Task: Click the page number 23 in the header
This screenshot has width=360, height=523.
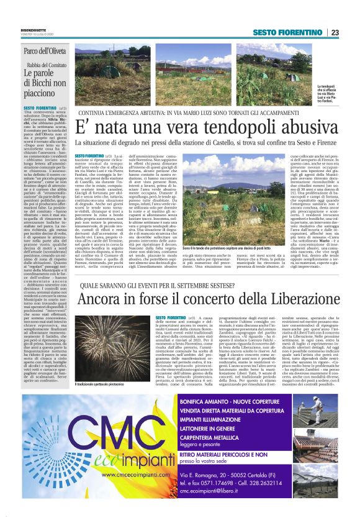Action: pyautogui.click(x=335, y=33)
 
